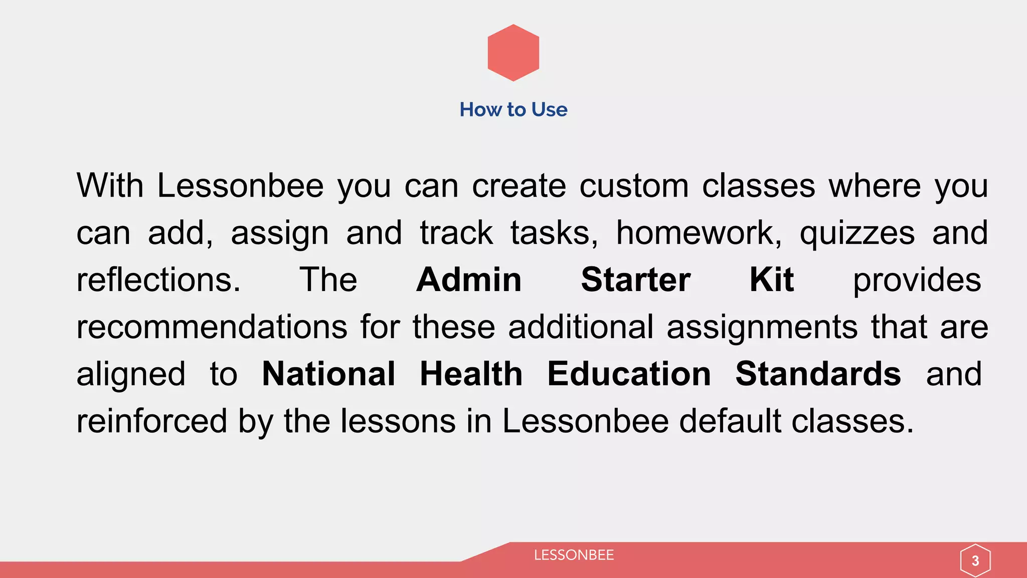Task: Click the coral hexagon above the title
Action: pos(513,53)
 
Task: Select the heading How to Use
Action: pos(513,109)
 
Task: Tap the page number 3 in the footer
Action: pos(975,560)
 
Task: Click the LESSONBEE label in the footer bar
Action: pos(574,555)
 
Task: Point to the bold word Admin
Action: pos(469,279)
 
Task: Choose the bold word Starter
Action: pos(635,279)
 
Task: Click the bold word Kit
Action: pos(771,279)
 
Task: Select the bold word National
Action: pos(328,374)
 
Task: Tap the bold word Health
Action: pos(471,374)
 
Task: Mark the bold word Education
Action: pos(629,374)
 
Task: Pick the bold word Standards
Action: pos(818,374)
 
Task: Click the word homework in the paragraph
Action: pos(699,233)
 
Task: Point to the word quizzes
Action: pos(857,234)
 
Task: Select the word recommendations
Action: pos(212,327)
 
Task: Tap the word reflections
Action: pos(158,279)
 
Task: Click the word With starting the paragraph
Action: pos(110,186)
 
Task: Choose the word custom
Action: pos(634,186)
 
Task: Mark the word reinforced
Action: pos(151,421)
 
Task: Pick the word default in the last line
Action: pos(730,421)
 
